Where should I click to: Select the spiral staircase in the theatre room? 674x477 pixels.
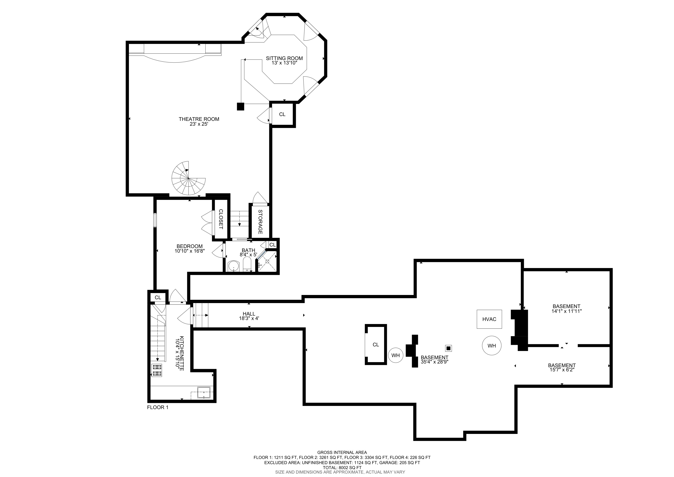[188, 178]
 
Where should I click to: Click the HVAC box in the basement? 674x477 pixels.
[489, 319]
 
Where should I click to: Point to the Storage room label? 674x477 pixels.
[260, 222]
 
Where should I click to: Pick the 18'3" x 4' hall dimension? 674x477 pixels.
[249, 318]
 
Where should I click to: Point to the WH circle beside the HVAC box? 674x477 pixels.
[491, 346]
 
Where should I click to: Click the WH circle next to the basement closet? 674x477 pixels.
[395, 355]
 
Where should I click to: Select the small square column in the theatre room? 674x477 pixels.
[240, 106]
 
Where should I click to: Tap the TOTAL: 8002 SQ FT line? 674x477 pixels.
[342, 468]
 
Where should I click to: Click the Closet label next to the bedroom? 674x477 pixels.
[221, 219]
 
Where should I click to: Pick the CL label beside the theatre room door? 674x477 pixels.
[282, 114]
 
